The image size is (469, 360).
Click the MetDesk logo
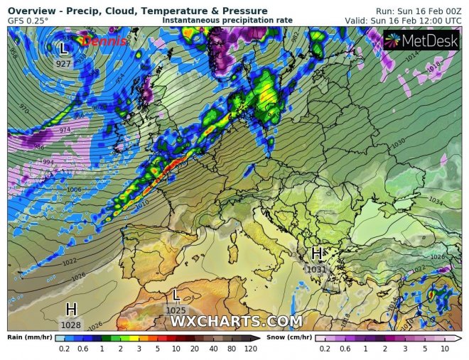click(x=421, y=40)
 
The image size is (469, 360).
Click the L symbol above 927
click(x=64, y=49)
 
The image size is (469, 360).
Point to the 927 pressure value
click(x=64, y=64)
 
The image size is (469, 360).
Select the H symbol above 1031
click(x=317, y=254)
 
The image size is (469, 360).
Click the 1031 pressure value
click(x=316, y=269)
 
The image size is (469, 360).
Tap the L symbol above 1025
click(x=176, y=295)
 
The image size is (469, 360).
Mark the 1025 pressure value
click(x=176, y=310)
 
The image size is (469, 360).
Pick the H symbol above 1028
click(x=71, y=309)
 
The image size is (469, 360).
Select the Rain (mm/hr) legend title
click(x=28, y=337)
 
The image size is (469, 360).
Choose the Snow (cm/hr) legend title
click(x=289, y=337)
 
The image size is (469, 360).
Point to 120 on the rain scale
click(x=249, y=349)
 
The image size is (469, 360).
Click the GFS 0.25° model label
click(x=28, y=21)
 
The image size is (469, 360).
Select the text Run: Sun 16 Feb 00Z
click(x=417, y=11)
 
